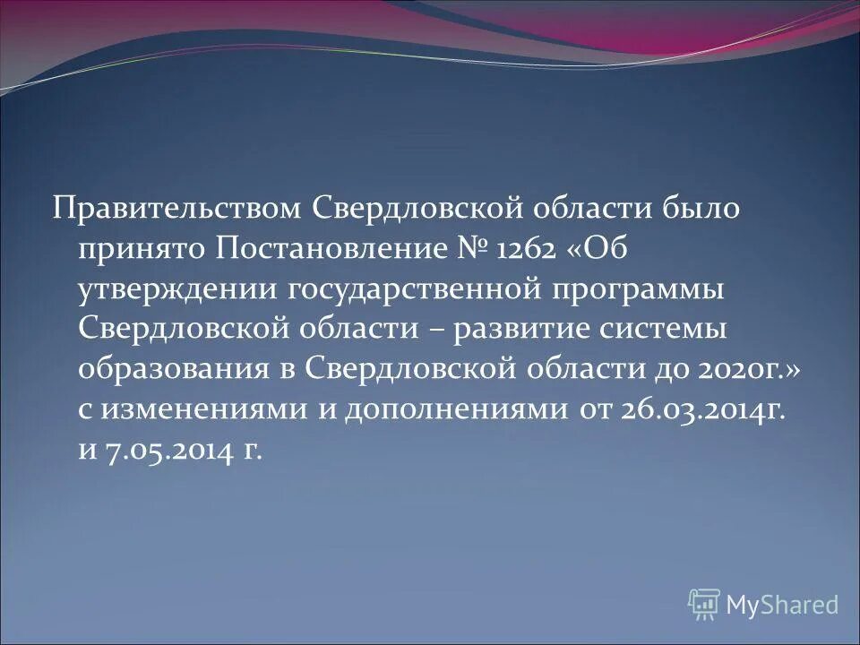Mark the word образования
point(171,369)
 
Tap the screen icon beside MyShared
point(704,605)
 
